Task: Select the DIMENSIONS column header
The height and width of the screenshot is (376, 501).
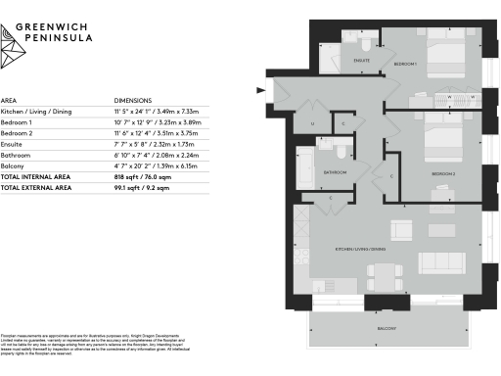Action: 134,101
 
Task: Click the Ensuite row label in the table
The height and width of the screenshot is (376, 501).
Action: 13,143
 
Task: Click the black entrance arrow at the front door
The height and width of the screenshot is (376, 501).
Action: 260,92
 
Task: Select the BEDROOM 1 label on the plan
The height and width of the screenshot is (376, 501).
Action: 405,65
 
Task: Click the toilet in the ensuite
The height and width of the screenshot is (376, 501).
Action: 363,45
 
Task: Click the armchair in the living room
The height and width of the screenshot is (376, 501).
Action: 400,231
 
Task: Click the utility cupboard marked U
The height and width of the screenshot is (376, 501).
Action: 312,123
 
